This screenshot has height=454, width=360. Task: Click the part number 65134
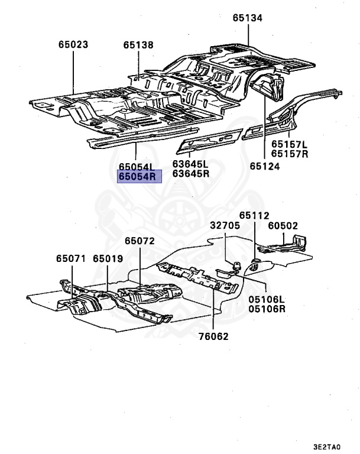point(247,19)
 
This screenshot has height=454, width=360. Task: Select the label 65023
point(73,44)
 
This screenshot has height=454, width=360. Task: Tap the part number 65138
point(138,44)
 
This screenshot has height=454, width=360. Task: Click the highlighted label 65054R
point(139,176)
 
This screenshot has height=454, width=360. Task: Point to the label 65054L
point(135,167)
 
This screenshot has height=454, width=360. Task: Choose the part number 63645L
point(190,164)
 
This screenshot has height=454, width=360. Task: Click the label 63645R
point(190,173)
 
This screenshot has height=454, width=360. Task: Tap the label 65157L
point(290,144)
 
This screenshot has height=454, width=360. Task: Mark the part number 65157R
point(290,154)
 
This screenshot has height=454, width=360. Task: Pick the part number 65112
point(254,216)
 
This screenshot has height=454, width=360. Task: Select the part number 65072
point(140,241)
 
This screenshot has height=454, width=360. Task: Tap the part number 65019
point(108,258)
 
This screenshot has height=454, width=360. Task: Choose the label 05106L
point(267,299)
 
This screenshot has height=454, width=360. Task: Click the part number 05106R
point(267,309)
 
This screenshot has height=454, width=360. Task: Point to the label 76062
point(213,336)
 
